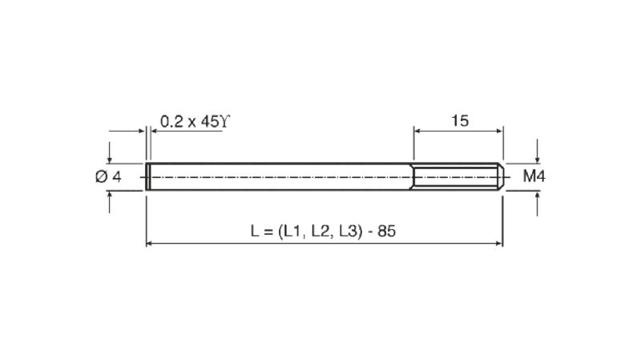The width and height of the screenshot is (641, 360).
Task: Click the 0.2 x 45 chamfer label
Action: click(x=195, y=122)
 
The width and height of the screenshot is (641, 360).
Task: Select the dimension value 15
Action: click(x=459, y=121)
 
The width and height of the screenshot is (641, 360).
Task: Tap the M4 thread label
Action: click(x=534, y=176)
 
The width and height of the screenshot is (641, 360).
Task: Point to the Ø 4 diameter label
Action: click(x=108, y=176)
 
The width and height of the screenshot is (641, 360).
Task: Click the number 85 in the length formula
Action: click(x=386, y=231)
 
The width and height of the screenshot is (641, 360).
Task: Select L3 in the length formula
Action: click(x=349, y=231)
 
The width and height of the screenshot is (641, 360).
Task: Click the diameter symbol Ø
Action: click(x=101, y=176)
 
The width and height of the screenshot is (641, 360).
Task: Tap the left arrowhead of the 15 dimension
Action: click(x=417, y=131)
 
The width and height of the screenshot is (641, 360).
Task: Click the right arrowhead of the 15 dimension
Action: click(x=499, y=131)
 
